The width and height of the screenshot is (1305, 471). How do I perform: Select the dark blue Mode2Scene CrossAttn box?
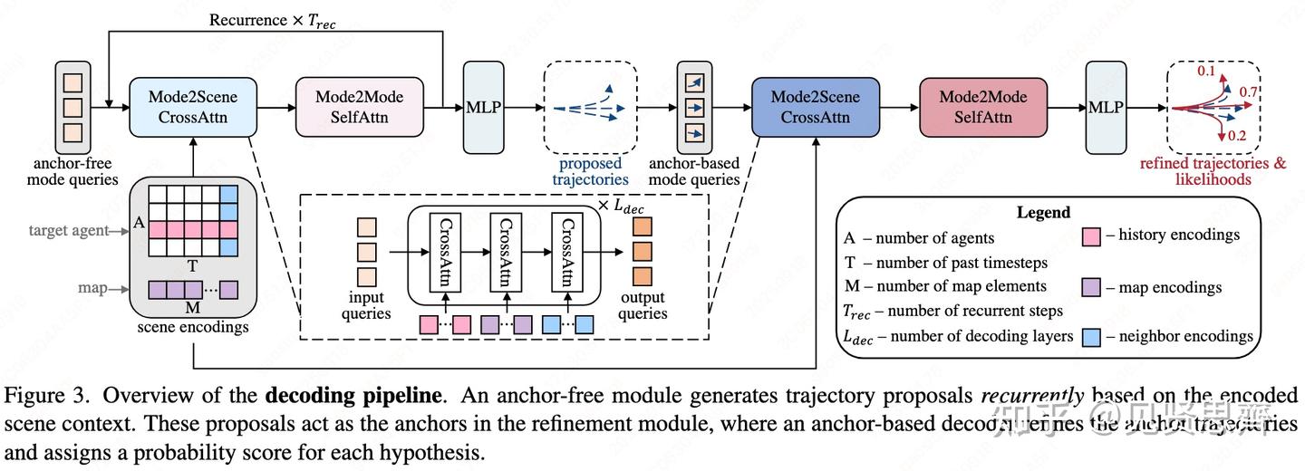tap(815, 107)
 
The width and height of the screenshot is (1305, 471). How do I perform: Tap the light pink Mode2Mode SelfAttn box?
tap(359, 107)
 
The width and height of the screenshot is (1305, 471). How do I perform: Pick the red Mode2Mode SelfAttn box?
tap(983, 107)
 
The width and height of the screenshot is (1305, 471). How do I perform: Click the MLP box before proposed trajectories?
tap(483, 107)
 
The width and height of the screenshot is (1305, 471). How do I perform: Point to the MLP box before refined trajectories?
tap(1106, 107)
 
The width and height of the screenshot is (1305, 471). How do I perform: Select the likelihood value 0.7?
tap(1248, 92)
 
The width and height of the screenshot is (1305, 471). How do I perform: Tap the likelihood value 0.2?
tap(1237, 135)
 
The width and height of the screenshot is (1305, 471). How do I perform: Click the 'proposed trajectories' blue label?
tap(590, 171)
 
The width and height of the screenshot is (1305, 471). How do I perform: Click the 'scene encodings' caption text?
tap(191, 327)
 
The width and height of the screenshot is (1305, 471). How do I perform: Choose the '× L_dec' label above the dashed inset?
tap(621, 205)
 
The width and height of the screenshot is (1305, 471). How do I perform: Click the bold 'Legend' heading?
tap(1044, 213)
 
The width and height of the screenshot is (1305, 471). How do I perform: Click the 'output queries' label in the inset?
tap(642, 305)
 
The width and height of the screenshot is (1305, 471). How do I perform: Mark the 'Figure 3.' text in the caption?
tap(42, 397)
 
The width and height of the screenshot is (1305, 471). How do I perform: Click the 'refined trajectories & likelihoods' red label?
tap(1213, 171)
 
